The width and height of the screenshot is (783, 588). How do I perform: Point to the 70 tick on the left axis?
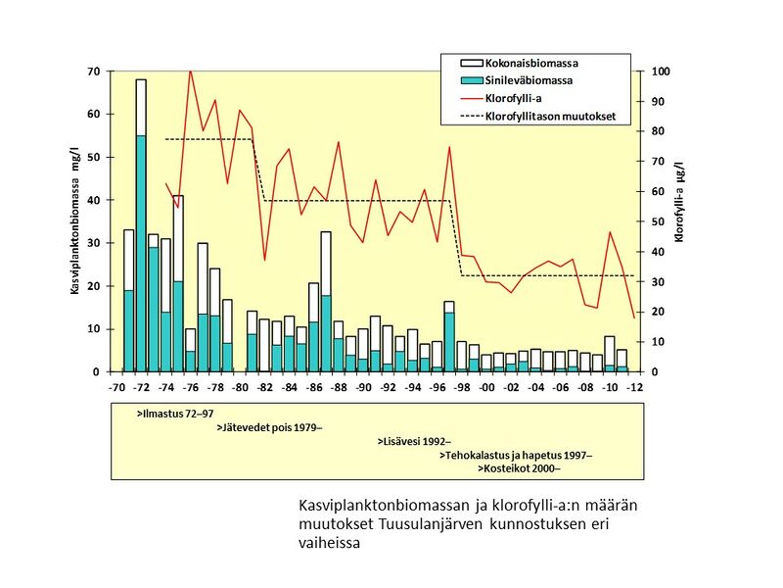coord(95,72)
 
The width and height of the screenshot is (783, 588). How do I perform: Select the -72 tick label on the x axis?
coord(141,388)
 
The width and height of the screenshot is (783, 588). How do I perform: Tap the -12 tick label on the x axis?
coord(635,388)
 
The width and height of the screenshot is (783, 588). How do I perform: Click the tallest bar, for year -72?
coord(141,225)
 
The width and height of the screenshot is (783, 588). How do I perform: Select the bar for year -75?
coord(178,284)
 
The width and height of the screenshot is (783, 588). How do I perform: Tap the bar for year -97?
coord(449,337)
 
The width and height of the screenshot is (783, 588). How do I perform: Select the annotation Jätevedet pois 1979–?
coord(269,428)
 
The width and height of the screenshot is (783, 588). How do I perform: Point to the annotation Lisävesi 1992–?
coord(414,442)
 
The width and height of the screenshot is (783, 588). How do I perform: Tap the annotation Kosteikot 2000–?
coord(518,469)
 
